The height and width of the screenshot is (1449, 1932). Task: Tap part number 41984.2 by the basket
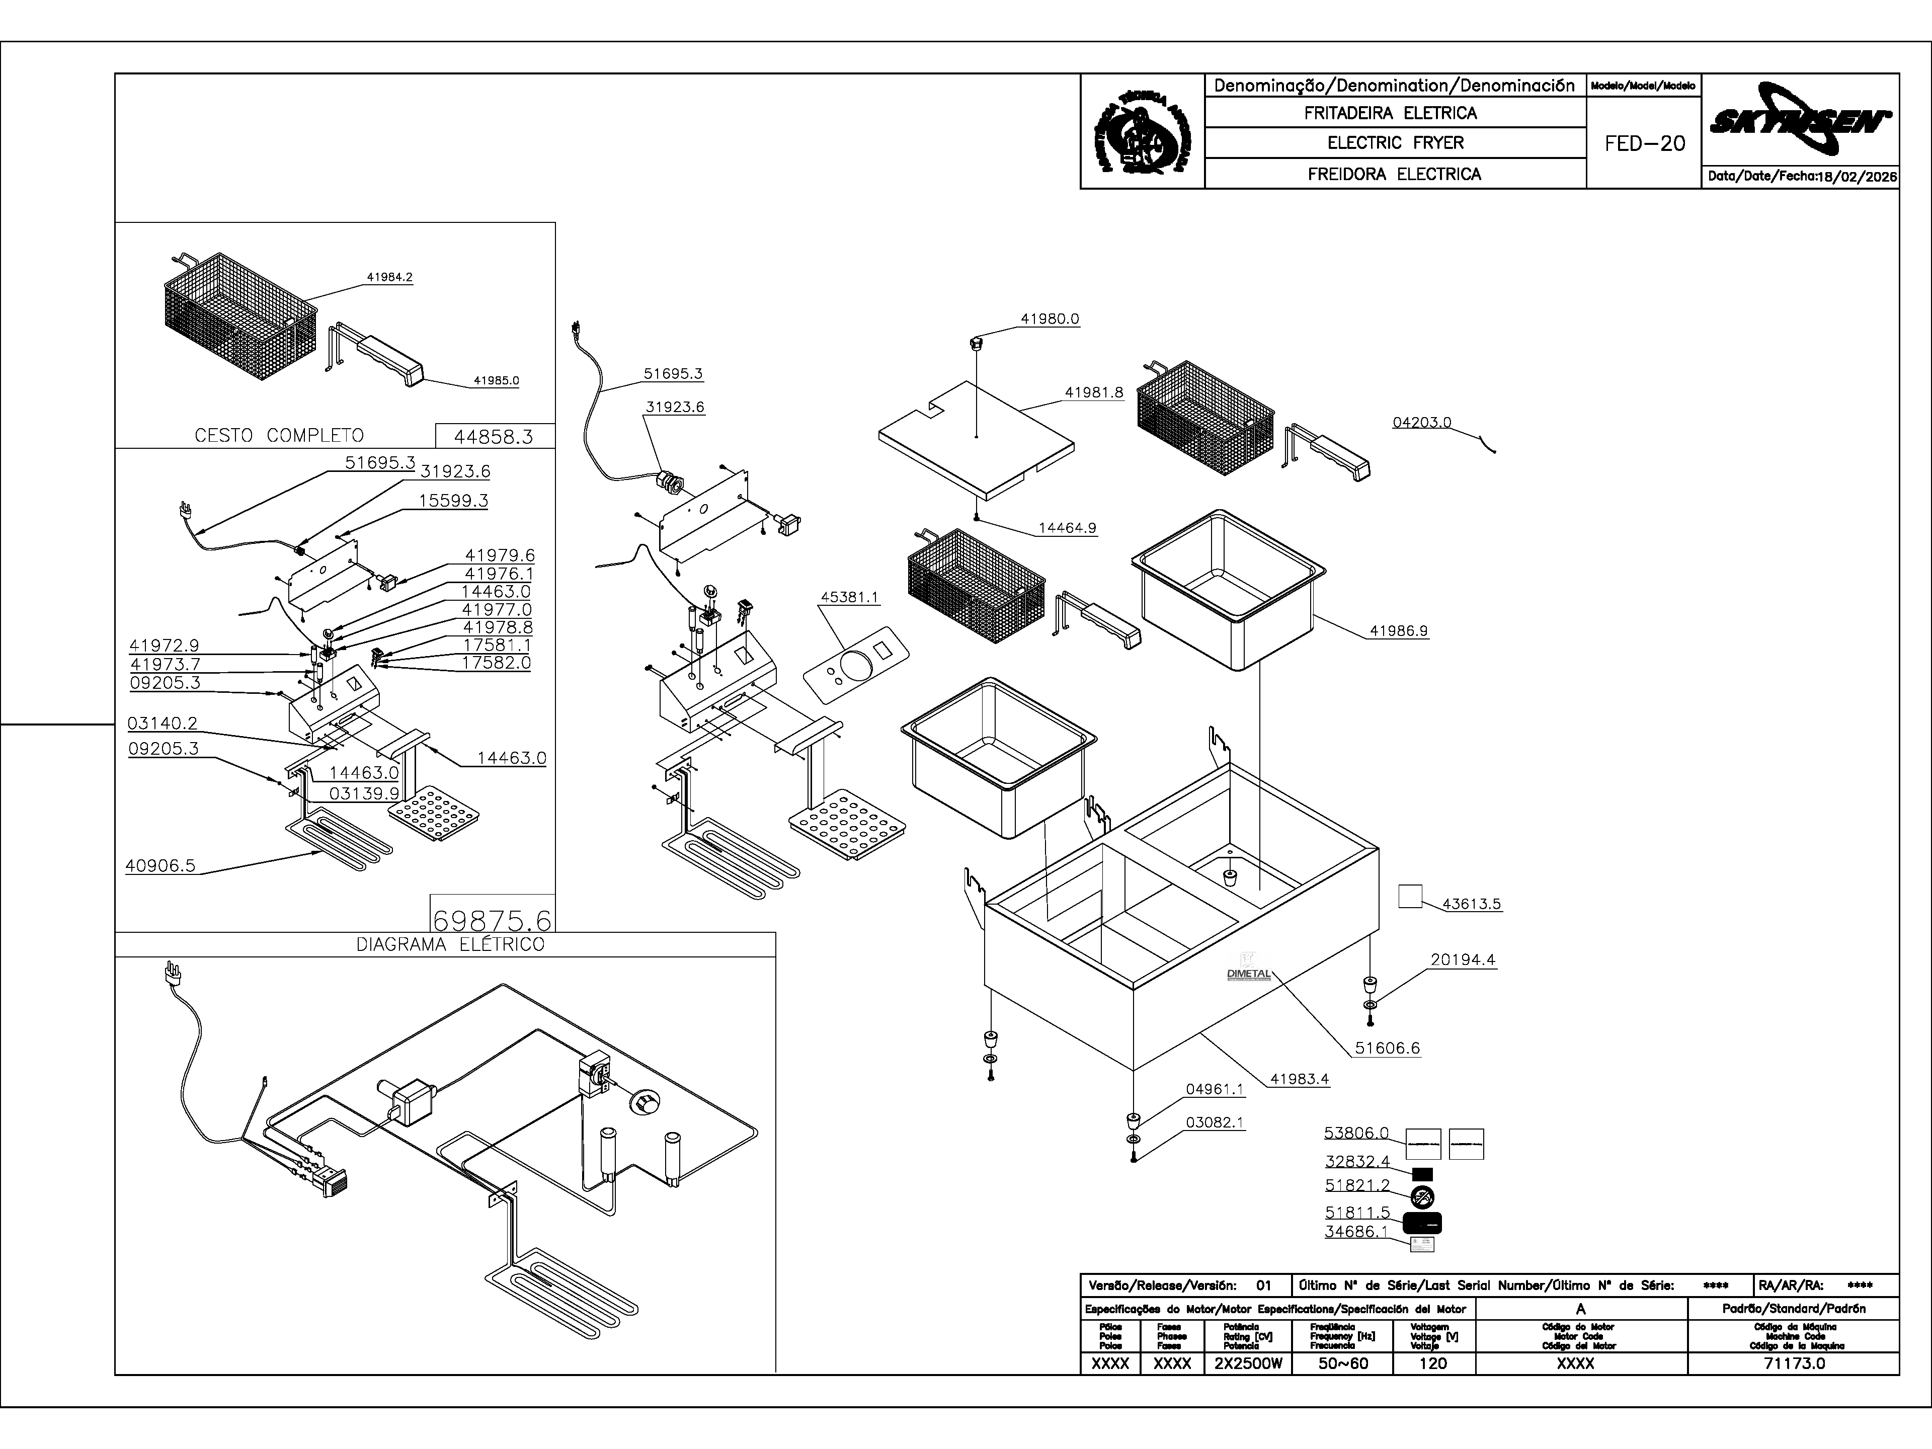tap(389, 278)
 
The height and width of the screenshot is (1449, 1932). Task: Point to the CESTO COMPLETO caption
tap(279, 435)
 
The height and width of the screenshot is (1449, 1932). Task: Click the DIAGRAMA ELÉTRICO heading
tap(450, 944)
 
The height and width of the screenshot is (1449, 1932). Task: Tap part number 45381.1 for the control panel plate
tap(850, 597)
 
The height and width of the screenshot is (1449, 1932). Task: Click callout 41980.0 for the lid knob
tap(1050, 319)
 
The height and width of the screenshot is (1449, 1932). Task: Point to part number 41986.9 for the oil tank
tap(1398, 630)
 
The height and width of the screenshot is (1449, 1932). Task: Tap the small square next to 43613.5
tap(1410, 896)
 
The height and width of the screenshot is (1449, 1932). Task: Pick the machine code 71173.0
tap(1794, 1363)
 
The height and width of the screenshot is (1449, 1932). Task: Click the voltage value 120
tap(1433, 1363)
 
